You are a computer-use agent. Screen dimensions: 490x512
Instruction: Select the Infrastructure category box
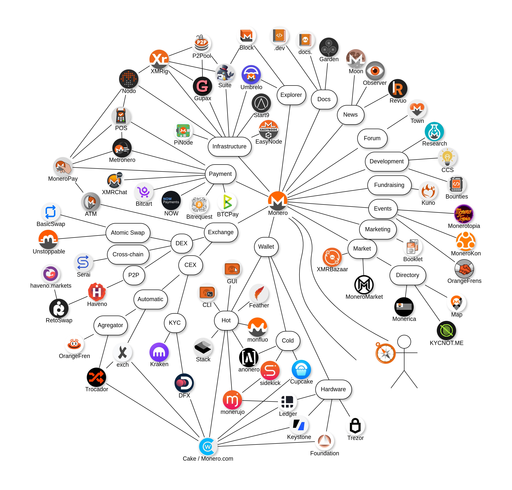(x=229, y=146)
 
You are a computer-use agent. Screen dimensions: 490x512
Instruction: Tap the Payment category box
(x=220, y=174)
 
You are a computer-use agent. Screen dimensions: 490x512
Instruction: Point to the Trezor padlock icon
(x=355, y=426)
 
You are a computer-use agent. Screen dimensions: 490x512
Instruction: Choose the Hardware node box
(x=333, y=389)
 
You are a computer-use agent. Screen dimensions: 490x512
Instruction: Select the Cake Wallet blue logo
(x=208, y=447)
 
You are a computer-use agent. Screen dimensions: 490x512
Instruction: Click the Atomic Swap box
(x=128, y=233)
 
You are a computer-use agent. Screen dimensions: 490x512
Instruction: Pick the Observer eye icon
(x=375, y=71)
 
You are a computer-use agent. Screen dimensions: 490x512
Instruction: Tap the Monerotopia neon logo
(x=464, y=214)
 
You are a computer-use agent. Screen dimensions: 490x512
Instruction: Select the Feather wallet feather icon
(x=259, y=293)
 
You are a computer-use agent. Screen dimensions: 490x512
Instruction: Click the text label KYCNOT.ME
(x=446, y=343)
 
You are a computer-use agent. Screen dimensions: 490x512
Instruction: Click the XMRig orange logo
(x=159, y=59)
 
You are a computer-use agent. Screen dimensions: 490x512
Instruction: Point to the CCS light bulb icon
(x=447, y=157)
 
